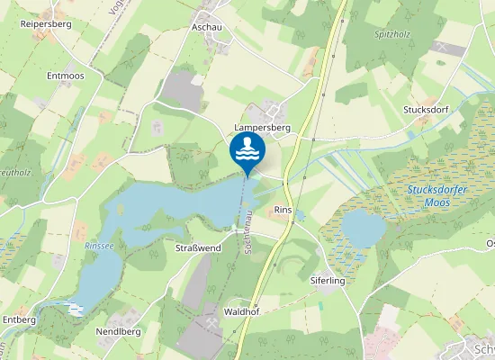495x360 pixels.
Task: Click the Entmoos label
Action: pos(65,76)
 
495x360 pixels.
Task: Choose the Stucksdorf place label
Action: pos(425,110)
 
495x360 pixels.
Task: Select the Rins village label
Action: pos(283,210)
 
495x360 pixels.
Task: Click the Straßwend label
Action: pos(198,247)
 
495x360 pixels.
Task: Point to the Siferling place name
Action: pos(328,281)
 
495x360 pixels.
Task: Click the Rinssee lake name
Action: pos(99,244)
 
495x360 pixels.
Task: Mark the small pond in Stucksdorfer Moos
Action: pos(364,228)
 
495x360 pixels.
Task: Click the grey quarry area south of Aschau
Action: pos(183,91)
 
